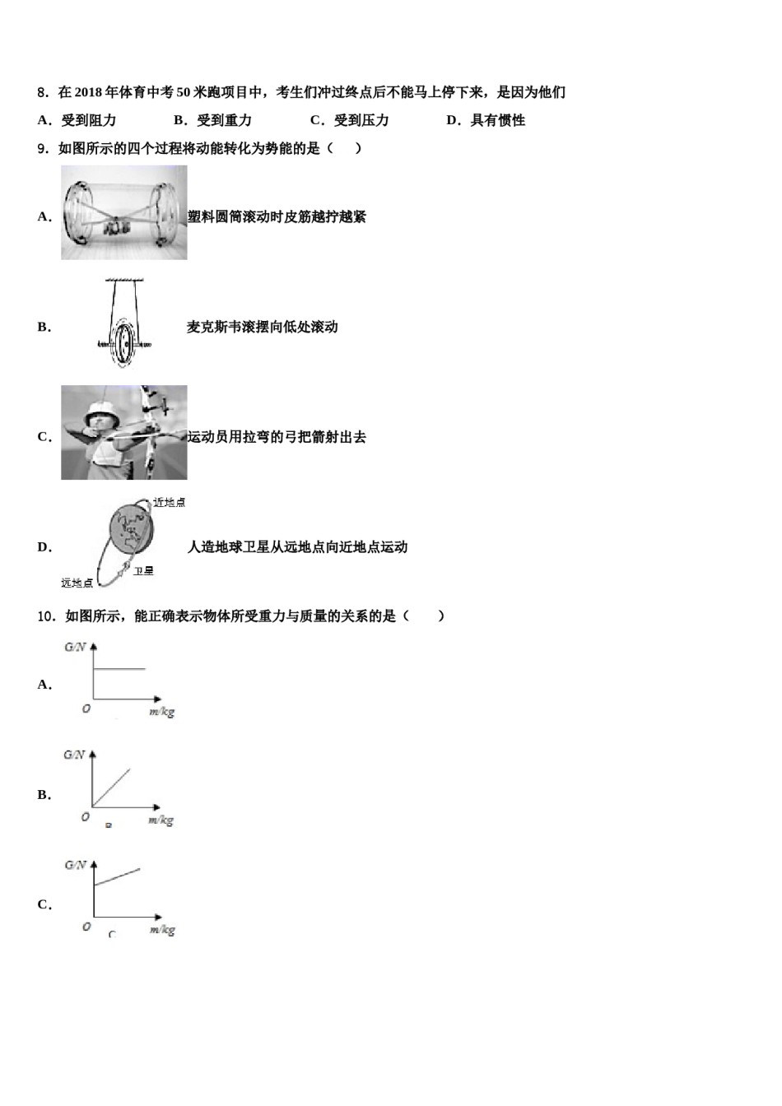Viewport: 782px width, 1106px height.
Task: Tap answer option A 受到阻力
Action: pos(77,120)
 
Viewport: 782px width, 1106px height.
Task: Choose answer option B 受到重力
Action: pos(213,120)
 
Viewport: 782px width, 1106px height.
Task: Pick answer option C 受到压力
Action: pos(350,120)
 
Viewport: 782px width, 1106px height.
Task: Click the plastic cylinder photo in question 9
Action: pos(123,212)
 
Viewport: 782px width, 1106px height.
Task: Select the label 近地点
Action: pos(170,502)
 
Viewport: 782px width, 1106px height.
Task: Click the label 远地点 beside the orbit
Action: pos(77,583)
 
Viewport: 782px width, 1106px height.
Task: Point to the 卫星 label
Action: pos(143,570)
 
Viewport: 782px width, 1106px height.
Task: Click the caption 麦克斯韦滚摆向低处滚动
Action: pos(263,327)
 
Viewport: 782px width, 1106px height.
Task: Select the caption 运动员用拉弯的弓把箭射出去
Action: pos(277,437)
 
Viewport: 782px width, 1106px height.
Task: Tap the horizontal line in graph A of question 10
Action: pos(120,669)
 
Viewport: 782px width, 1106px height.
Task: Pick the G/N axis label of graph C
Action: pos(74,865)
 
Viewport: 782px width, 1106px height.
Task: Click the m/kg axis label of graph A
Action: pos(162,712)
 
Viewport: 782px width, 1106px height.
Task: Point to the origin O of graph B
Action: pos(85,817)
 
